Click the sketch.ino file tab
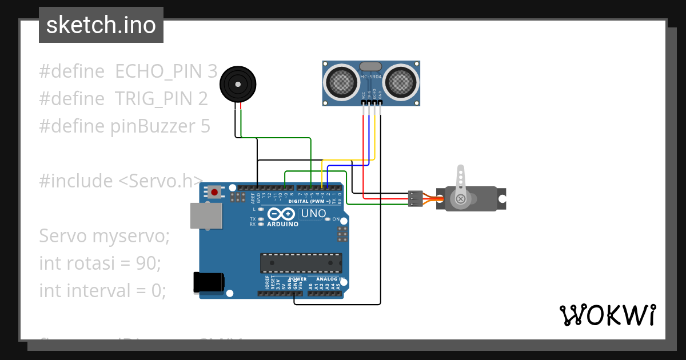[101, 25]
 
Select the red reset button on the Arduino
[214, 192]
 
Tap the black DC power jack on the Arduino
[209, 282]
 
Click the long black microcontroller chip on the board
[301, 262]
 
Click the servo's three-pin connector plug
[415, 198]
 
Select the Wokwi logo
[607, 315]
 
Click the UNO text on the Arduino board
[313, 214]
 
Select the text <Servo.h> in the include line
[161, 181]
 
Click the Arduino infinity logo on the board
[280, 214]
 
